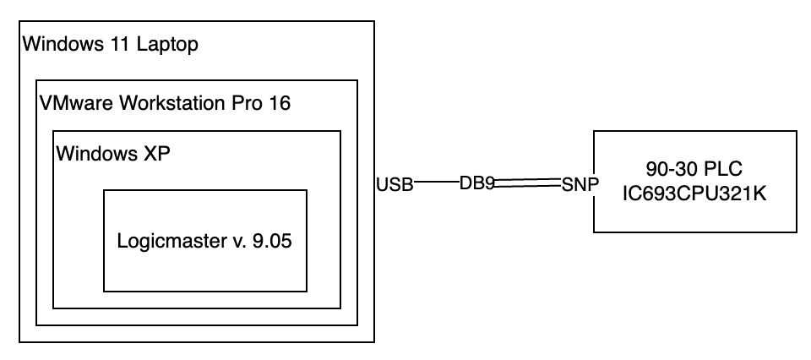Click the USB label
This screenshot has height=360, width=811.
tap(395, 184)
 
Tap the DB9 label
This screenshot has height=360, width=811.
tap(476, 183)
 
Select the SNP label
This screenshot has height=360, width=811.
tap(580, 184)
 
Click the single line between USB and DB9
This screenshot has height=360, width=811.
tap(436, 182)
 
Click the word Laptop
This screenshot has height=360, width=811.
tap(170, 44)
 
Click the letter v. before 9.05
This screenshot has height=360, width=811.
tap(237, 241)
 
